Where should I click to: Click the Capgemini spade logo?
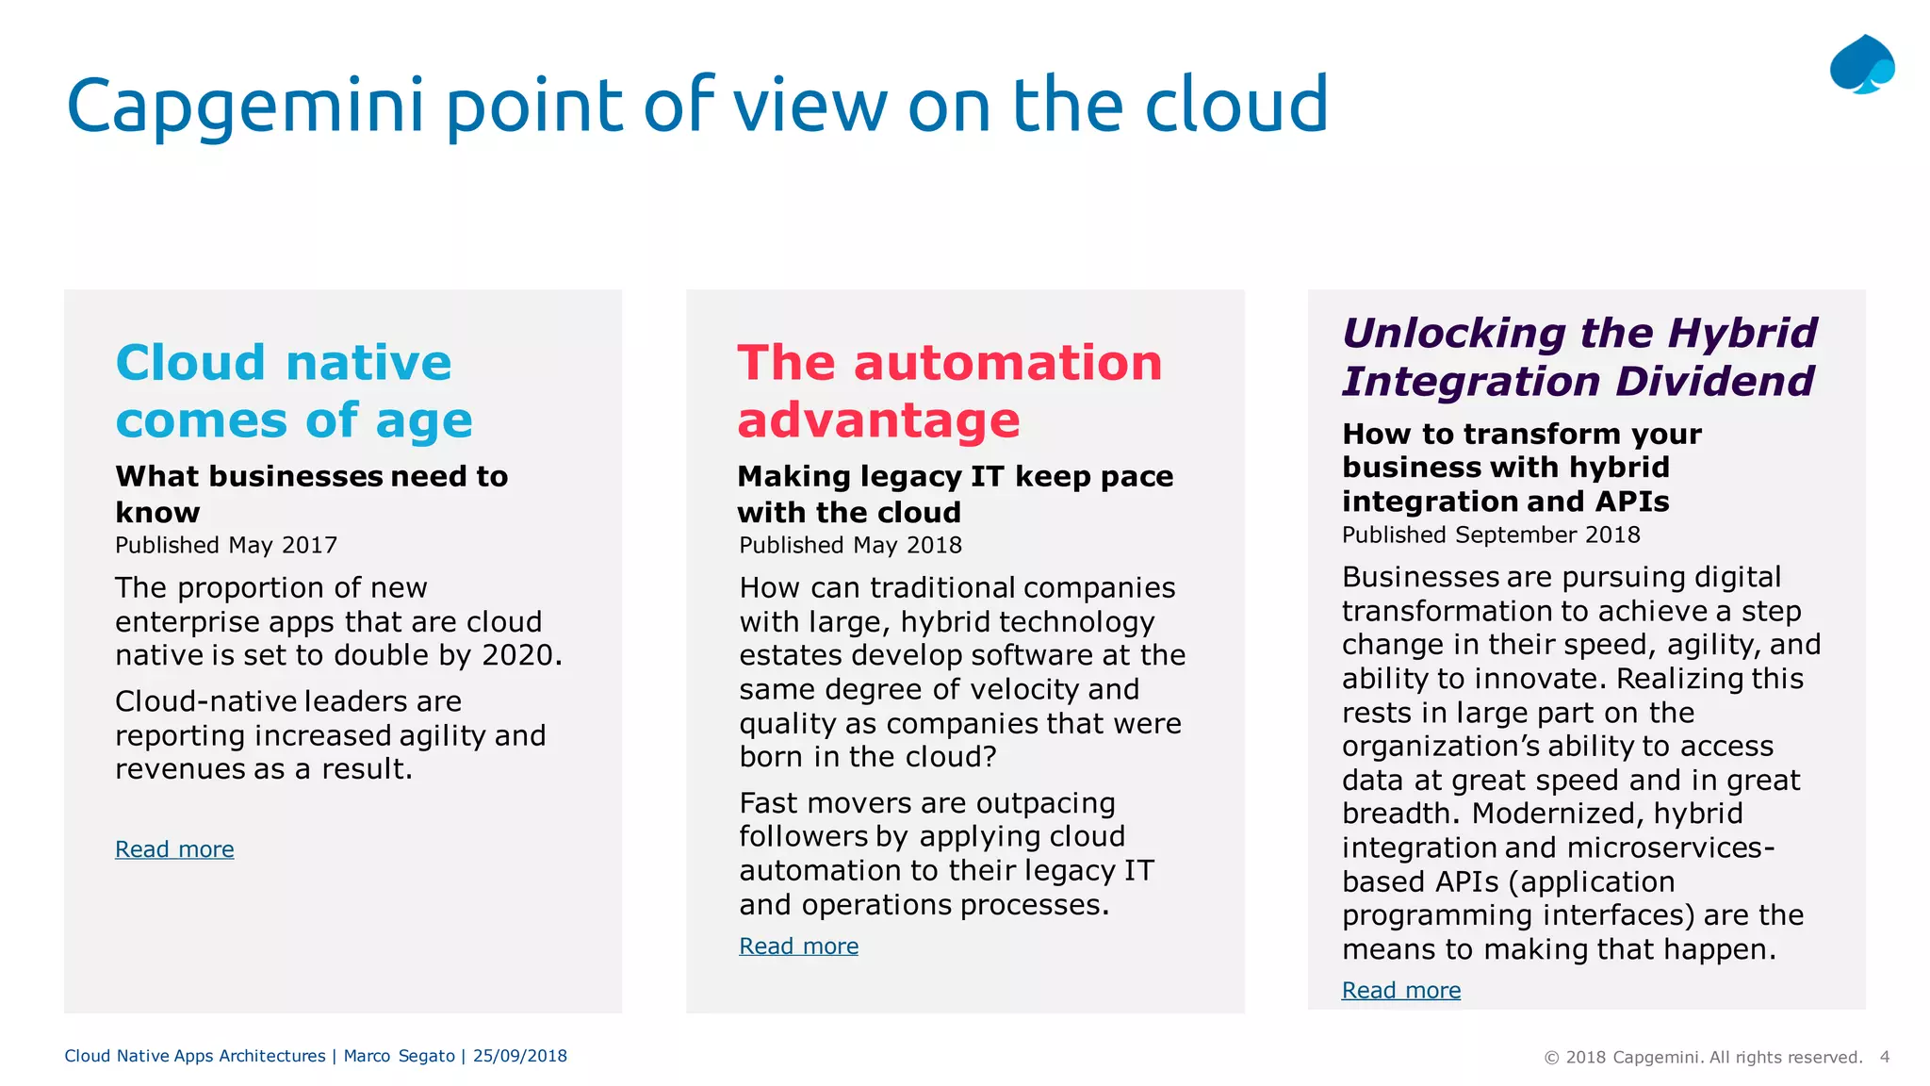click(x=1861, y=65)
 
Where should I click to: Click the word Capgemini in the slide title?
click(x=245, y=106)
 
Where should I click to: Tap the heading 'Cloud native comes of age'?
click(x=293, y=390)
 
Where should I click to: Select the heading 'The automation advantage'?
click(x=949, y=390)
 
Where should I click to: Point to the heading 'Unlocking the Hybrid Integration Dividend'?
click(x=1578, y=357)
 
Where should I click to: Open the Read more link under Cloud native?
click(x=174, y=849)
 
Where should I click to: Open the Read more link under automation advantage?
click(x=798, y=946)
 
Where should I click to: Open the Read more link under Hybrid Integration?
click(x=1400, y=991)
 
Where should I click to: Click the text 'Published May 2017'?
click(x=226, y=546)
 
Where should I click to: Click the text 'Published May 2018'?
click(x=850, y=546)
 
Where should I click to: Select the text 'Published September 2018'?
click(x=1491, y=535)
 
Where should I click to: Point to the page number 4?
click(x=1885, y=1057)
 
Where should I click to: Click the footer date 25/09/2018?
click(x=520, y=1056)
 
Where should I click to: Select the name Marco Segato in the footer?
click(x=399, y=1056)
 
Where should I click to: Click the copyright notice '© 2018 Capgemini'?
click(x=1702, y=1058)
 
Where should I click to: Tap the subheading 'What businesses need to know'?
click(x=311, y=494)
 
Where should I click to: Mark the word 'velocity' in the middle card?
click(x=1024, y=689)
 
